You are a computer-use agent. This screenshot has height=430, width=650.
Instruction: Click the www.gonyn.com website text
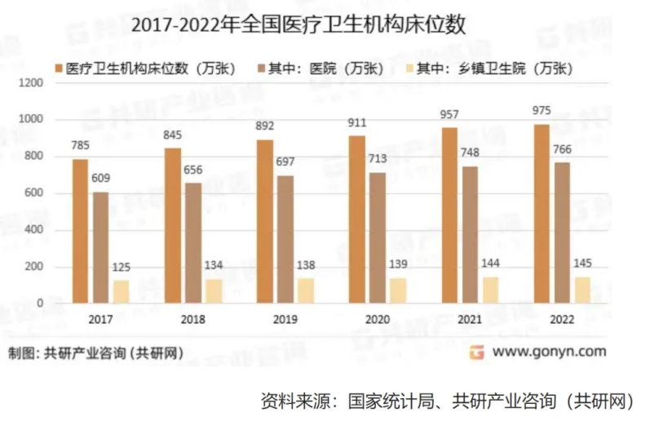click(x=549, y=352)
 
